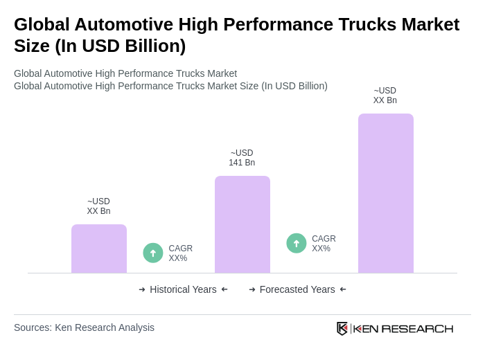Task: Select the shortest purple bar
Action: point(99,249)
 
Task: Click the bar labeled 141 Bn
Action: point(242,224)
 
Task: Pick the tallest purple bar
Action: point(385,193)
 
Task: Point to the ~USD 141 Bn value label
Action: point(242,158)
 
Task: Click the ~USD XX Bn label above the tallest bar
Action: point(385,96)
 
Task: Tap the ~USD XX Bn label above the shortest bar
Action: point(99,206)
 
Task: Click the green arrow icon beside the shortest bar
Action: point(153,253)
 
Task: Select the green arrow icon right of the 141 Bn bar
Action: point(297,243)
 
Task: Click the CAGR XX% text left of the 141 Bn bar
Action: point(180,253)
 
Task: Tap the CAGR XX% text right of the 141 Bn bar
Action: point(324,244)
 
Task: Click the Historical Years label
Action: point(183,289)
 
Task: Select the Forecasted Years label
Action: point(297,289)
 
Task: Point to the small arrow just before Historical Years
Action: point(142,289)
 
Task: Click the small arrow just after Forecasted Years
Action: point(343,289)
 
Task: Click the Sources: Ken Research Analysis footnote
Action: point(84,327)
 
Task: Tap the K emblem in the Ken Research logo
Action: point(342,328)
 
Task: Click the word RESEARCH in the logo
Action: point(417,328)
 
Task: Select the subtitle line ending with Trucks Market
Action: point(125,73)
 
